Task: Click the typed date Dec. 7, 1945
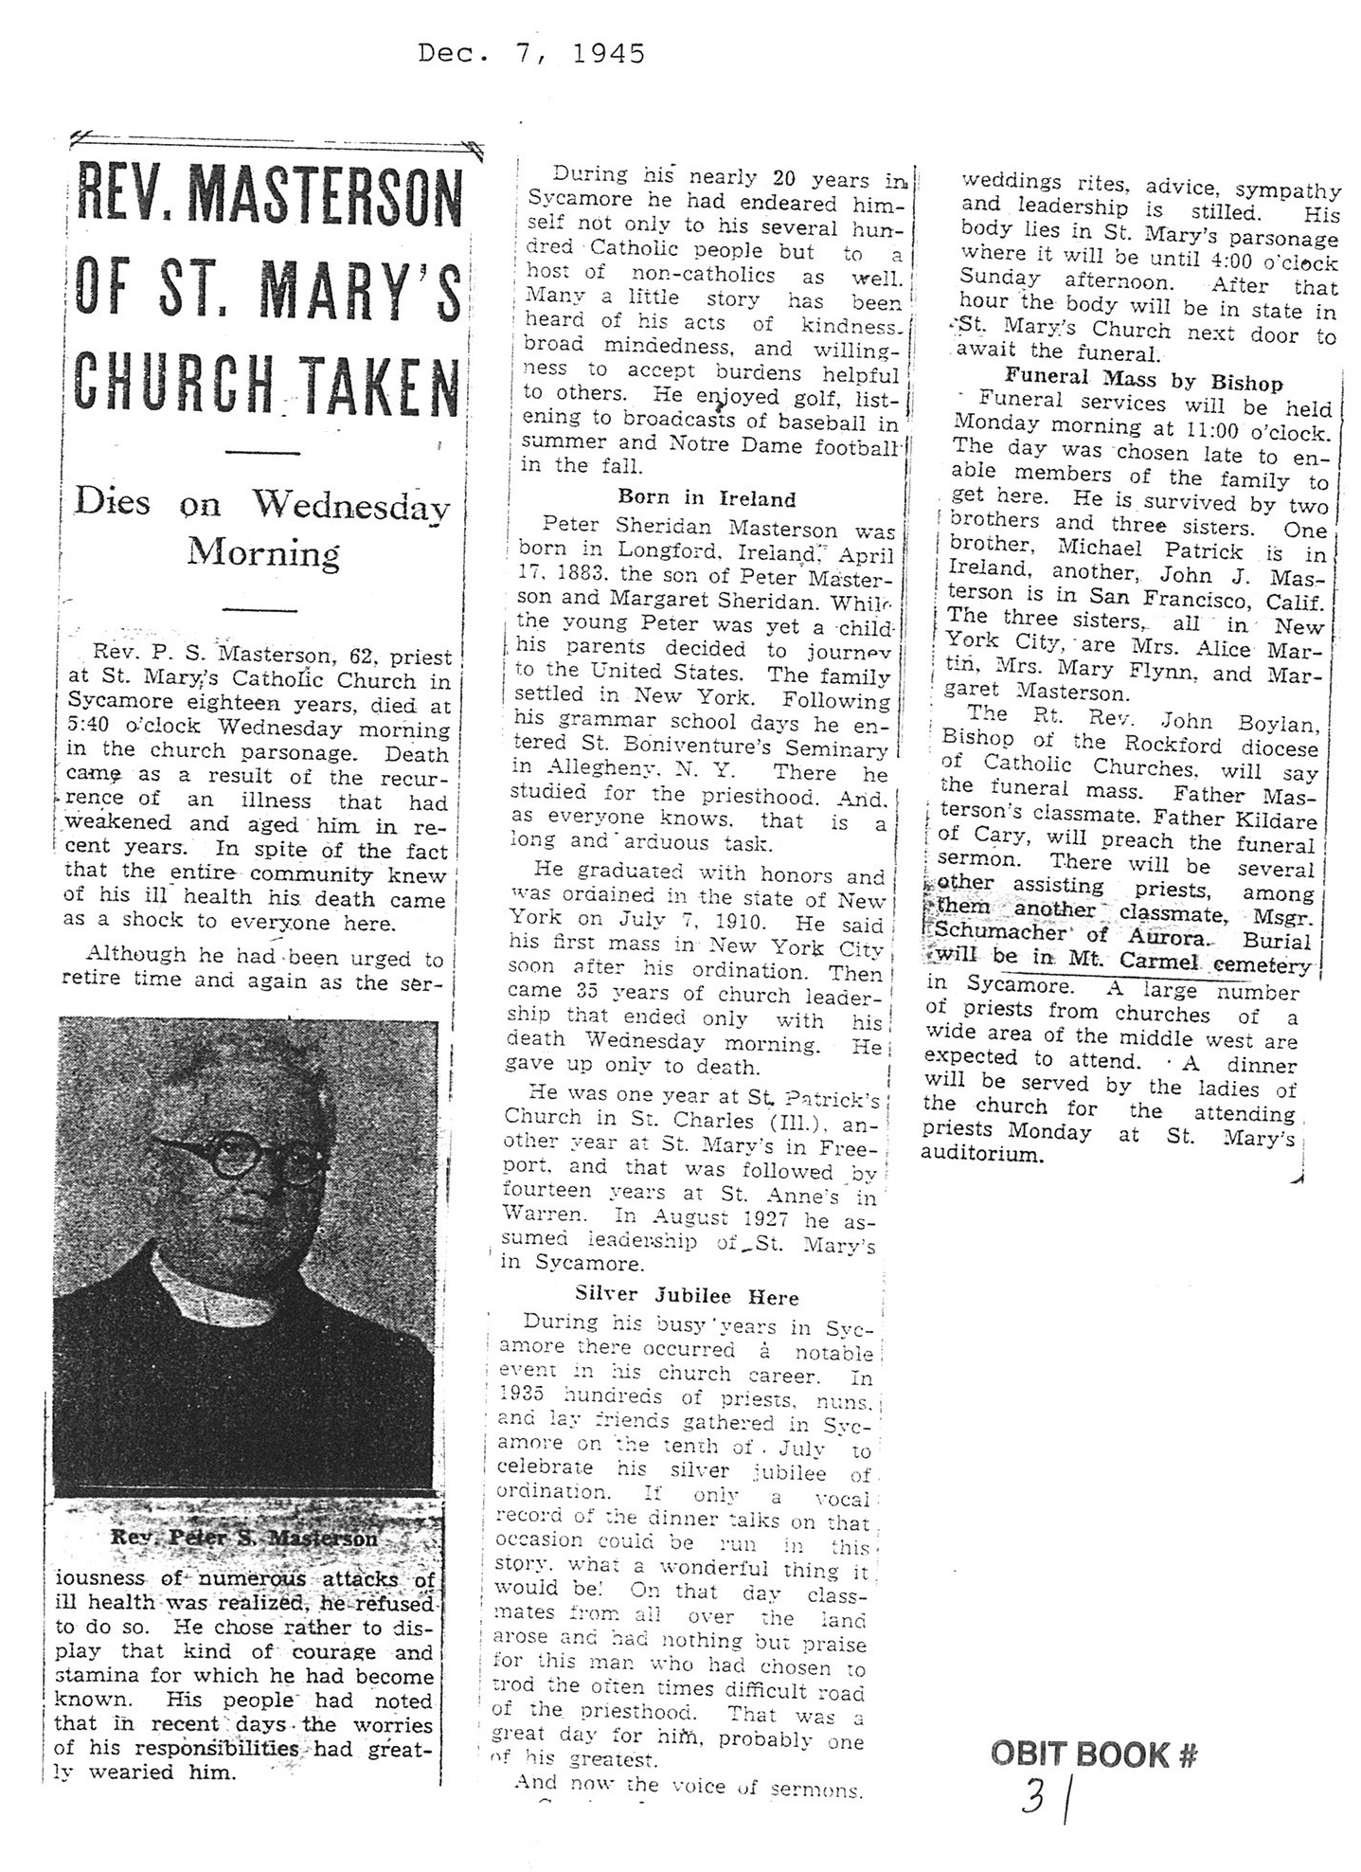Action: point(531,54)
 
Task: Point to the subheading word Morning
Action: point(262,552)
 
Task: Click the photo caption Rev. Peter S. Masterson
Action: point(243,1538)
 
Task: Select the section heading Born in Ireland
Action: point(707,498)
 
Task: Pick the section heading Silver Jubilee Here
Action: point(687,1297)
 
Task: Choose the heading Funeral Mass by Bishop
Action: point(1143,383)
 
